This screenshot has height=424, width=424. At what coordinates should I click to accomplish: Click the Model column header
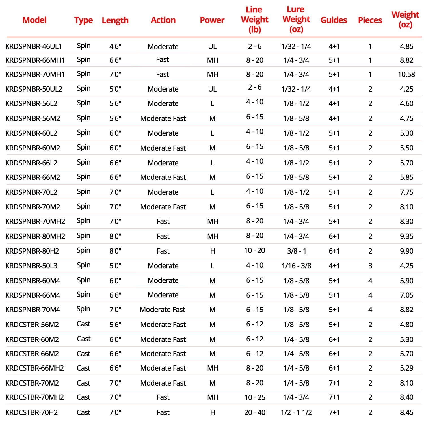click(34, 20)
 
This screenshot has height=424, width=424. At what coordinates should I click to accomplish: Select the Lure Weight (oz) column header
click(296, 19)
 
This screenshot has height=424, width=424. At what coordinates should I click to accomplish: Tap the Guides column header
click(334, 20)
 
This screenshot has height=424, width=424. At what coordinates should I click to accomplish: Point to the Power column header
click(212, 20)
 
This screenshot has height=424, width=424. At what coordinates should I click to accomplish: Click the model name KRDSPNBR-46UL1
click(34, 46)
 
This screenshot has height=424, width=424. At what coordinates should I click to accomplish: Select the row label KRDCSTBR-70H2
click(31, 412)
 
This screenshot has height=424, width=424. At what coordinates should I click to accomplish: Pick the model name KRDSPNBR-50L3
click(31, 266)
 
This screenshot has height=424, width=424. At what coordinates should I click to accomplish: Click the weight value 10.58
click(406, 74)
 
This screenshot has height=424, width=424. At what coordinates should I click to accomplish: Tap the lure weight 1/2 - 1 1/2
click(296, 412)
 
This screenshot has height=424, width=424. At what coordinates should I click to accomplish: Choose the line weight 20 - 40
click(255, 412)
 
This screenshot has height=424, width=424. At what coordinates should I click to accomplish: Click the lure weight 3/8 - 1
click(296, 251)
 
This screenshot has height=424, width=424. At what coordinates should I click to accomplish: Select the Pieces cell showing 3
click(370, 266)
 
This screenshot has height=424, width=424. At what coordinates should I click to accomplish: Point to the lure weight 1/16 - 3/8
click(296, 266)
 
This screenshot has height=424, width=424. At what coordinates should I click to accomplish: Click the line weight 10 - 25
click(255, 397)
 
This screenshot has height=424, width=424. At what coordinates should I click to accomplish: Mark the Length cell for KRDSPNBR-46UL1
click(115, 46)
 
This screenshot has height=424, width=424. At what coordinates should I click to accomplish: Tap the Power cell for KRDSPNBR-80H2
click(213, 251)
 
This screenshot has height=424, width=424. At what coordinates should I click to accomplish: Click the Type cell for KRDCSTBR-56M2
click(83, 324)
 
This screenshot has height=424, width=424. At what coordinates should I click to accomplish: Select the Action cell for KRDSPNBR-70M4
click(163, 310)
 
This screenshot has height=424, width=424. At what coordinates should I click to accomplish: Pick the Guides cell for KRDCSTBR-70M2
click(334, 383)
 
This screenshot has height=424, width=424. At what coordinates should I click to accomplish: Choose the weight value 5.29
click(406, 368)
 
